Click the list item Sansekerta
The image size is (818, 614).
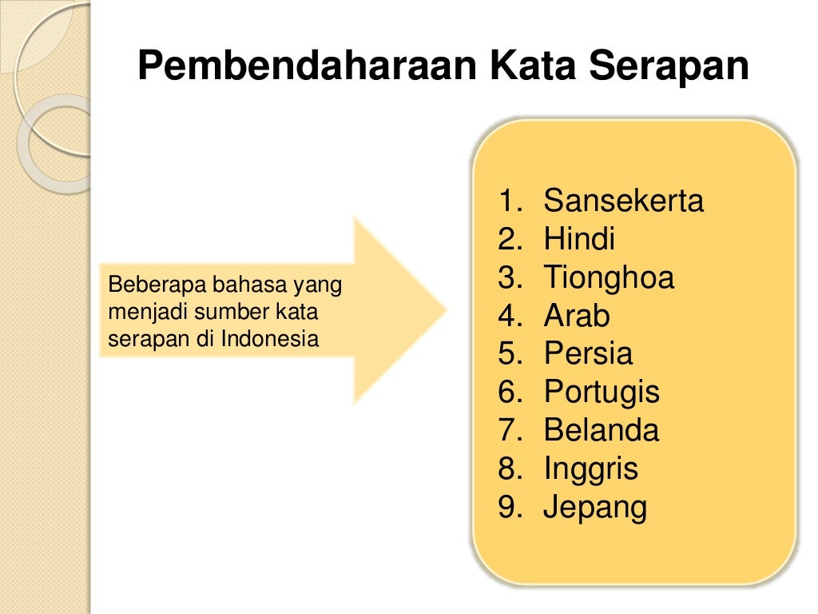(x=623, y=201)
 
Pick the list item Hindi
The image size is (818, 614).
(x=579, y=239)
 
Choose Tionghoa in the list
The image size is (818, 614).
(x=609, y=277)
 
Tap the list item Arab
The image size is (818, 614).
(x=576, y=316)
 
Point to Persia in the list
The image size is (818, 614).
(x=588, y=353)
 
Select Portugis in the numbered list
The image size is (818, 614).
(x=602, y=392)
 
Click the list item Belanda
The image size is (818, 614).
(x=601, y=430)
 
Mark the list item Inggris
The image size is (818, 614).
(x=591, y=468)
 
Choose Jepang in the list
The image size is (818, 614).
(x=595, y=508)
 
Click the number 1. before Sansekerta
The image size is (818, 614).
(x=509, y=201)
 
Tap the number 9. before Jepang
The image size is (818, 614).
(x=509, y=508)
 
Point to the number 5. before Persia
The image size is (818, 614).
(x=509, y=353)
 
